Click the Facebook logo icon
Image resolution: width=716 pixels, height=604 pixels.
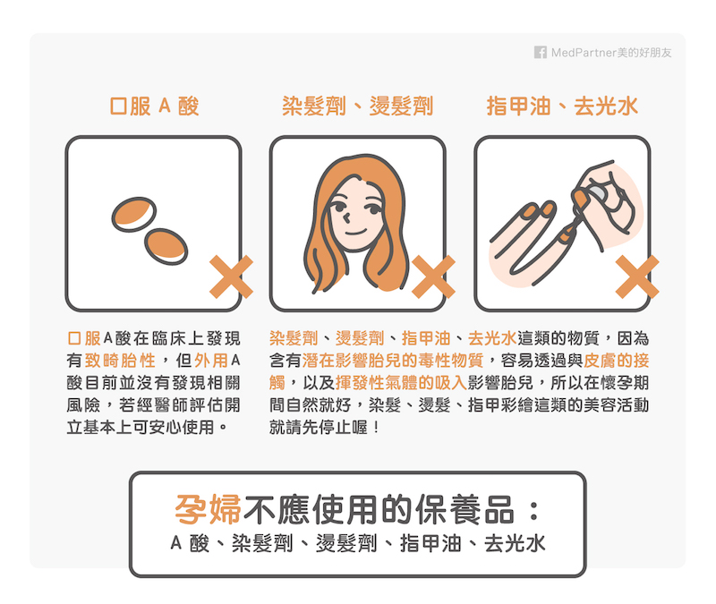click(541, 53)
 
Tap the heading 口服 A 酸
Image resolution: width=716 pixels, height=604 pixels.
click(154, 106)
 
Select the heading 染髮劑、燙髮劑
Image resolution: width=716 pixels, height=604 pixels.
click(357, 106)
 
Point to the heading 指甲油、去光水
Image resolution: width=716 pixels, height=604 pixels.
click(562, 106)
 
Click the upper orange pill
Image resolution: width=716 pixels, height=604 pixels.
click(133, 214)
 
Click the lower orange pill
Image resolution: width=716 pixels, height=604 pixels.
click(166, 247)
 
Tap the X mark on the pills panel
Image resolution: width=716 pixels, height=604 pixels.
click(231, 276)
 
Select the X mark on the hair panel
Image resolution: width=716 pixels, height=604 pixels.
click(433, 276)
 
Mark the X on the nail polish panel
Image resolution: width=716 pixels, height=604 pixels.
click(637, 276)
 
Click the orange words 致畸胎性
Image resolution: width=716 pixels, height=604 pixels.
click(120, 361)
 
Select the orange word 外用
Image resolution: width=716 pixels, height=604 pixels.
click(211, 361)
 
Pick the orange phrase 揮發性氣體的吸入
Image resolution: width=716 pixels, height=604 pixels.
click(401, 383)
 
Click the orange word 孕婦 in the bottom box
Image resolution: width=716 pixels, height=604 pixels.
click(209, 509)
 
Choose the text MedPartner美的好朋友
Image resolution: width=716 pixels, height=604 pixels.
click(611, 53)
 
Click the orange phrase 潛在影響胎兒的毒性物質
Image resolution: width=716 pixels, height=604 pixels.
click(393, 361)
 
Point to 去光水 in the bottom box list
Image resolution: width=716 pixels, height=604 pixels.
click(515, 543)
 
